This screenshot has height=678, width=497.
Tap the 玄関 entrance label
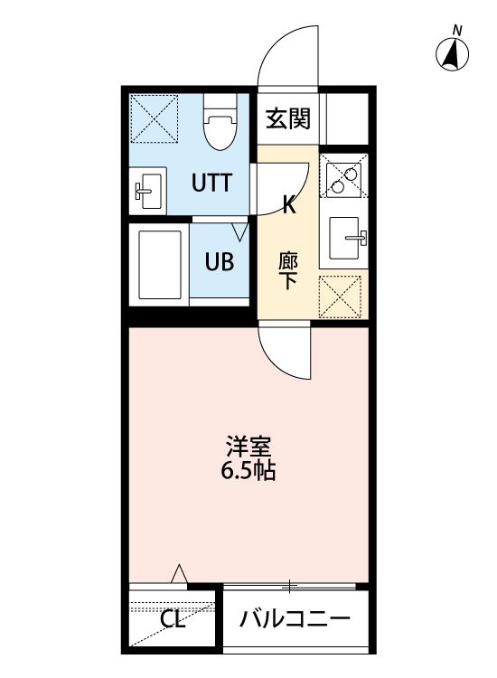287,118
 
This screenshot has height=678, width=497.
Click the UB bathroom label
219,262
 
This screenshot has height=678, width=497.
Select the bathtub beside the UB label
160,264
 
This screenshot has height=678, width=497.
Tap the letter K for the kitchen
289,205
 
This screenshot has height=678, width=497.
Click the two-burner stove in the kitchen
343,177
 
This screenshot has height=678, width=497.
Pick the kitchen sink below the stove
346,239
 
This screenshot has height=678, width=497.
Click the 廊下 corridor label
288,269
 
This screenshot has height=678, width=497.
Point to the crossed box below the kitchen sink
344,295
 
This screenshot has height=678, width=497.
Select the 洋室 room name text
248,447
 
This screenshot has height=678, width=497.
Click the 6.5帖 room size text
248,470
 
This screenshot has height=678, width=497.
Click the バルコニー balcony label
295,620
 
